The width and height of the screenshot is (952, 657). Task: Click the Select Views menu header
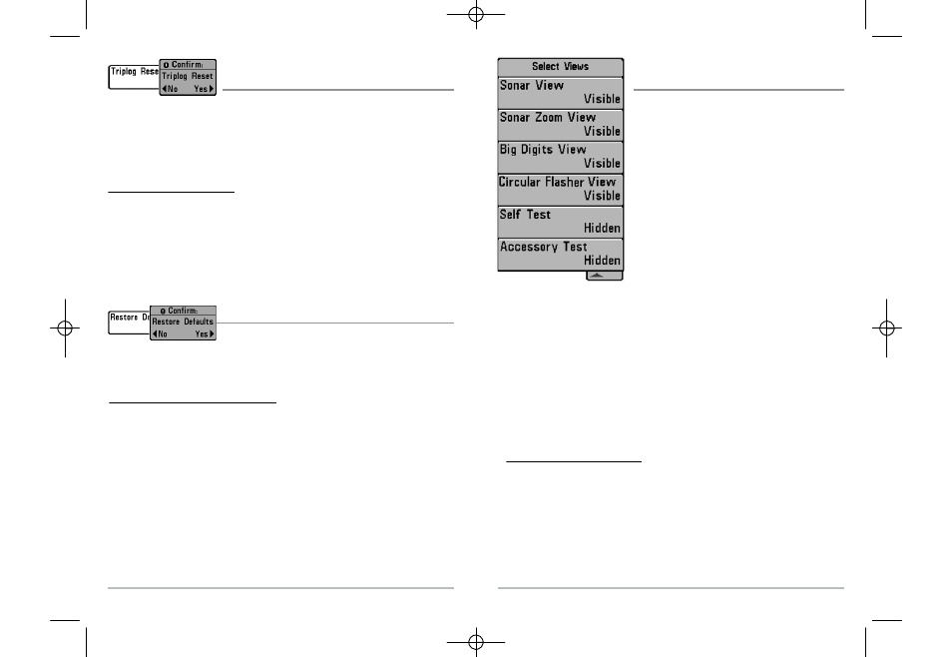click(561, 67)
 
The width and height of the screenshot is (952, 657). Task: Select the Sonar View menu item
click(561, 93)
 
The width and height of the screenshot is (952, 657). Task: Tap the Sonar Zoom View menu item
click(561, 125)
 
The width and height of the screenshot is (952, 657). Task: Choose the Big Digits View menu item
click(561, 157)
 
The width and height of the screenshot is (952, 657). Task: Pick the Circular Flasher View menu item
click(561, 189)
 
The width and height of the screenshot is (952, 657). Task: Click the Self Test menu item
click(561, 222)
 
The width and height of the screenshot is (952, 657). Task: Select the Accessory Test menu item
click(561, 254)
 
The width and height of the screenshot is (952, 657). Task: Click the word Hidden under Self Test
click(602, 229)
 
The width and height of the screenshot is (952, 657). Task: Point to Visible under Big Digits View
click(602, 164)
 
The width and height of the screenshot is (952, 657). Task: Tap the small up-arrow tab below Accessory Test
click(604, 276)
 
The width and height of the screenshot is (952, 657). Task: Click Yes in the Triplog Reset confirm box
click(204, 89)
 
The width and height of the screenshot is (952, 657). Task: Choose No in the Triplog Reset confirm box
click(170, 89)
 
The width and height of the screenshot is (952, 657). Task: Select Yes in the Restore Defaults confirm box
click(205, 334)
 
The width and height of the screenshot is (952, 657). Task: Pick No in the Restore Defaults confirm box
click(160, 334)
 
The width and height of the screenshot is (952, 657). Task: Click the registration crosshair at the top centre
click(476, 15)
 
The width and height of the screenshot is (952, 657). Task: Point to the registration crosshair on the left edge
click(65, 328)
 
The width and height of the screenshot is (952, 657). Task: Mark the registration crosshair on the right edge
click(886, 328)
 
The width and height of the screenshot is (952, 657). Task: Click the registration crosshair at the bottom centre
click(476, 642)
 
